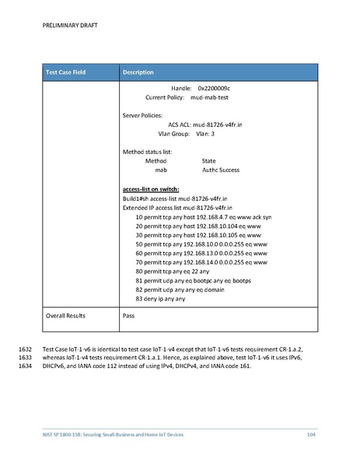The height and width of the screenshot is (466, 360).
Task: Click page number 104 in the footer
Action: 312,433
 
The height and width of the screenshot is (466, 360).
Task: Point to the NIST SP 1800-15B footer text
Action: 114,433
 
